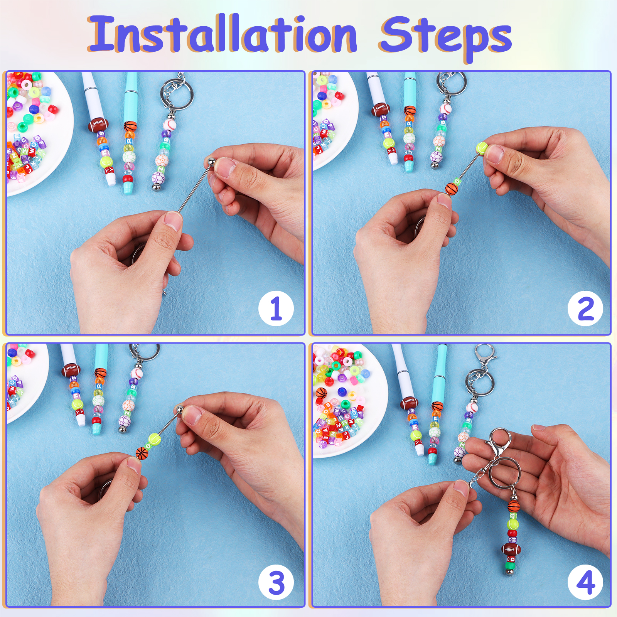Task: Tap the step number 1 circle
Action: click(276, 308)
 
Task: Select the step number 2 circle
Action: click(585, 308)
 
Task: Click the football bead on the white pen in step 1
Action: click(98, 125)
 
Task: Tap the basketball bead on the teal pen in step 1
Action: click(130, 126)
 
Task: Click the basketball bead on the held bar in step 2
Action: click(452, 189)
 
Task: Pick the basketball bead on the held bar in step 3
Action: click(142, 453)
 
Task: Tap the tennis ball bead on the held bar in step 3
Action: click(154, 439)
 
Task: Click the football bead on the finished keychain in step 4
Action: click(511, 549)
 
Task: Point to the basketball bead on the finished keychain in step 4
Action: click(514, 506)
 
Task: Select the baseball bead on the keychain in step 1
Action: click(169, 124)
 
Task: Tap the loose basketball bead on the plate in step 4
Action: click(322, 393)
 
